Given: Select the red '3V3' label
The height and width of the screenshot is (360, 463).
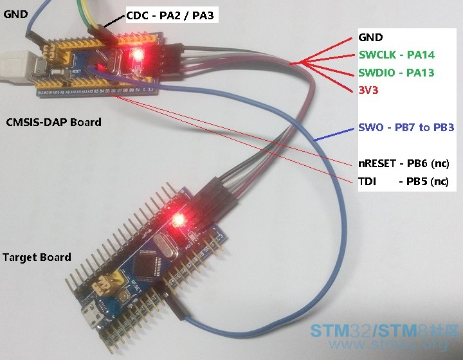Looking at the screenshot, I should (368, 90).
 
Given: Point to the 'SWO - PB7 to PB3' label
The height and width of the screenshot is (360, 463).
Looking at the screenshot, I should (406, 127).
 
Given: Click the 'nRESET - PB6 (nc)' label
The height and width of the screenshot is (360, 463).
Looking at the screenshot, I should (403, 163).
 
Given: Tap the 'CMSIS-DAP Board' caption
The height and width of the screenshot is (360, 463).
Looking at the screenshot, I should (53, 122).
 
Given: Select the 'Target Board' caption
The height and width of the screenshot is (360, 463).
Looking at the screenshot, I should (37, 257).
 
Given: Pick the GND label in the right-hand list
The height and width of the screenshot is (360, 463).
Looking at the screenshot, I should (370, 37).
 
